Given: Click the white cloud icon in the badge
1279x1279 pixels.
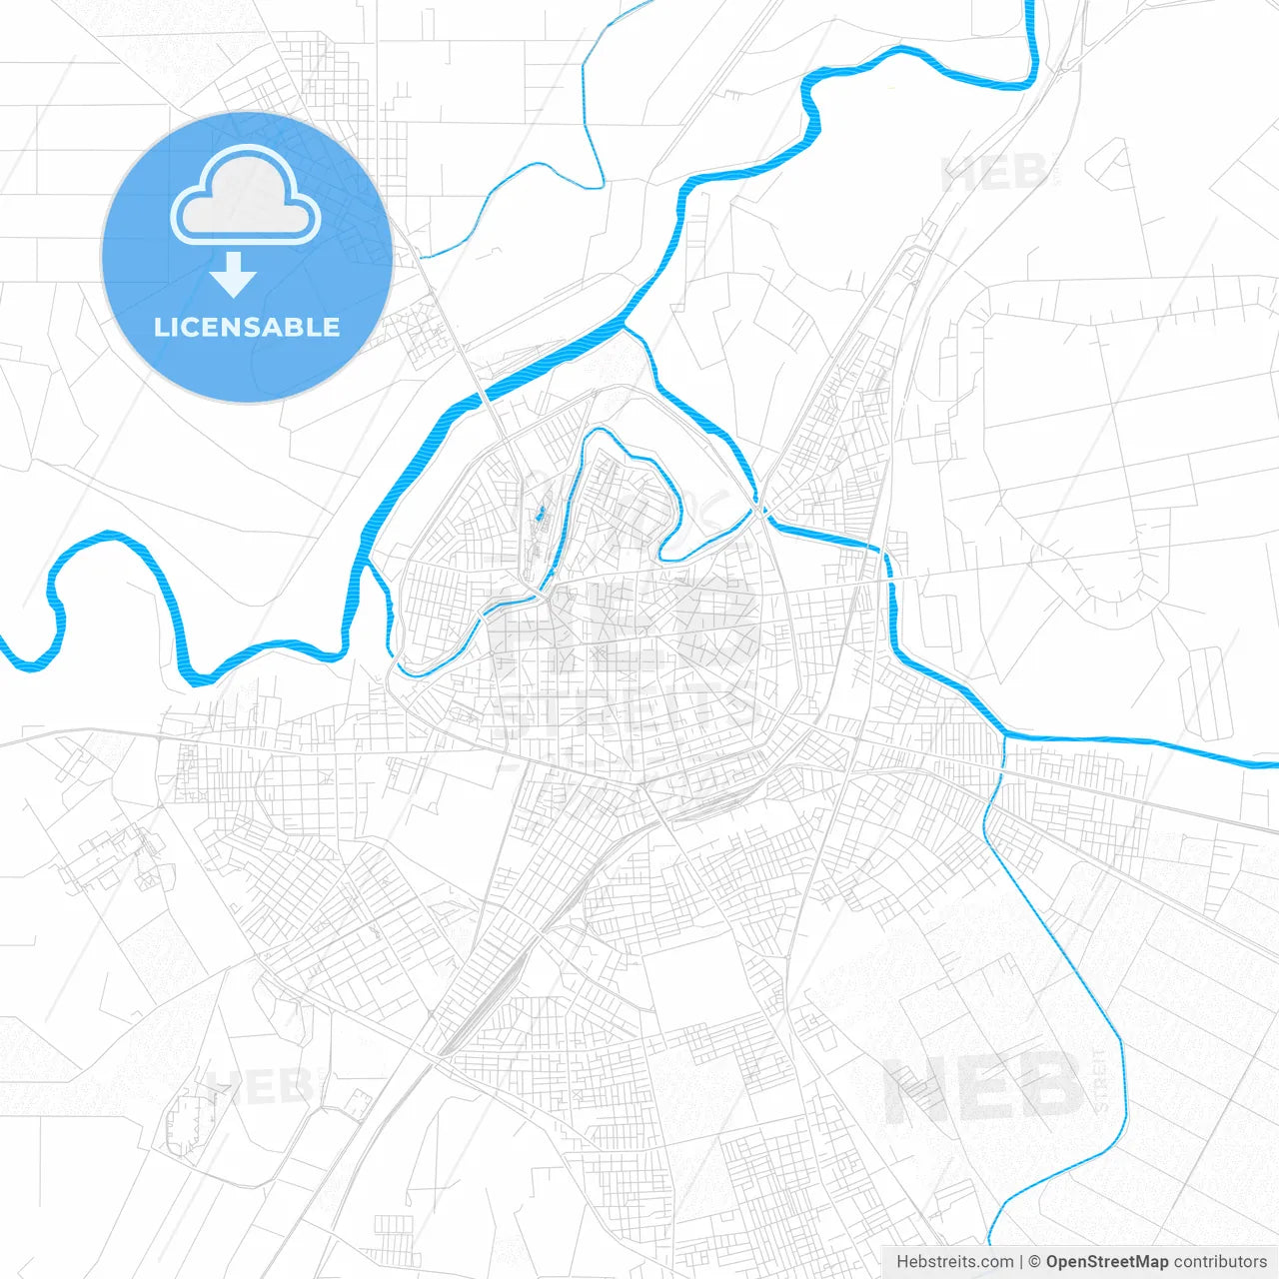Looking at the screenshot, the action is (245, 197).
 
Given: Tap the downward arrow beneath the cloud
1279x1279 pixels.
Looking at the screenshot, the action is (234, 275).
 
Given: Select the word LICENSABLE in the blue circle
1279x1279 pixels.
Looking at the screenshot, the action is (247, 327).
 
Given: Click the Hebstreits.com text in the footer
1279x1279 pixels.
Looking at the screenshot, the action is (954, 1262).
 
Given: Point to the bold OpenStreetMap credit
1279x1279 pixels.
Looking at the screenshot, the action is (1106, 1262).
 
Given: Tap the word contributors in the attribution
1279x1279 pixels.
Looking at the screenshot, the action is (1219, 1262).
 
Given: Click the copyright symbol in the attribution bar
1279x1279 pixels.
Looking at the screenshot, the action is (1035, 1262).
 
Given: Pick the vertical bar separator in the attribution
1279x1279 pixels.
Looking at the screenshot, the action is (1021, 1262).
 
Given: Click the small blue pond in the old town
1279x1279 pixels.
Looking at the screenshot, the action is (540, 515).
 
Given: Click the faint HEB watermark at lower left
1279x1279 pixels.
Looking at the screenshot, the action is (265, 1086).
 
